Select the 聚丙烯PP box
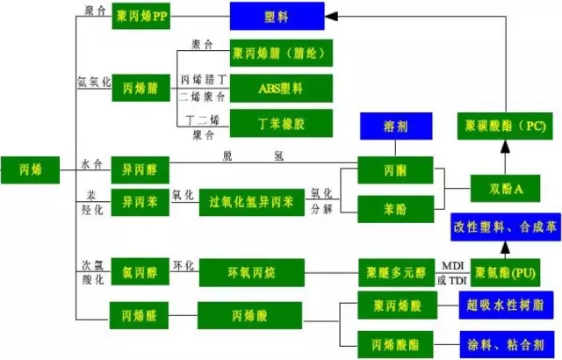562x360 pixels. pos(140,17)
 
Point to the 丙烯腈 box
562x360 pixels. pos(140,88)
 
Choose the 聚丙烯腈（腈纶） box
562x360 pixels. pos(281,54)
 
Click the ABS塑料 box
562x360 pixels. pos(281,88)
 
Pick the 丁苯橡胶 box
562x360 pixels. pos(281,121)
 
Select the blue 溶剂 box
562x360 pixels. pos(396,126)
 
